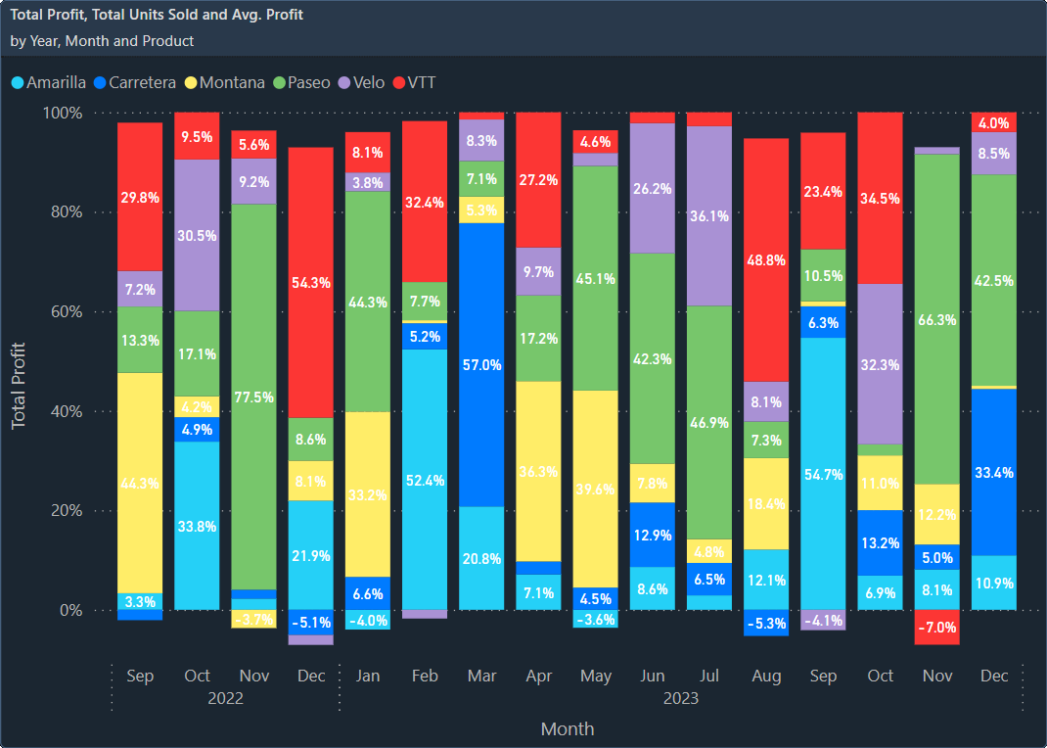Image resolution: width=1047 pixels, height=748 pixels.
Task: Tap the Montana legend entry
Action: click(x=231, y=82)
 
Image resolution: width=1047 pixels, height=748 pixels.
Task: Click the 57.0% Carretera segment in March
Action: click(x=481, y=364)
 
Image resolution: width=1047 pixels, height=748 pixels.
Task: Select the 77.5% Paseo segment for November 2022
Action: click(x=253, y=397)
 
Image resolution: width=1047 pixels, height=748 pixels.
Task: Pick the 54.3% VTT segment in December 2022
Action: click(x=310, y=282)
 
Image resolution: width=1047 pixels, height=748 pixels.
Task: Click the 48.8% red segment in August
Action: click(x=766, y=259)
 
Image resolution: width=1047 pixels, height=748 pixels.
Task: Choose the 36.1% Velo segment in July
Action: click(x=709, y=215)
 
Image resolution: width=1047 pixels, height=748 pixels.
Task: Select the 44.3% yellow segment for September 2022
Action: click(x=140, y=483)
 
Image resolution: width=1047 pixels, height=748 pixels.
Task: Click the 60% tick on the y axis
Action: click(x=64, y=312)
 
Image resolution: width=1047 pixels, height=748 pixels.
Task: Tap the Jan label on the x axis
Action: click(x=368, y=677)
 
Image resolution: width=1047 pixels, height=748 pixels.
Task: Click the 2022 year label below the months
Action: click(x=225, y=699)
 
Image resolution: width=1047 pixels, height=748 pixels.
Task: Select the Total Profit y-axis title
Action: click(x=19, y=386)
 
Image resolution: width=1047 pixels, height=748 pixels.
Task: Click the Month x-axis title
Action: click(x=568, y=729)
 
